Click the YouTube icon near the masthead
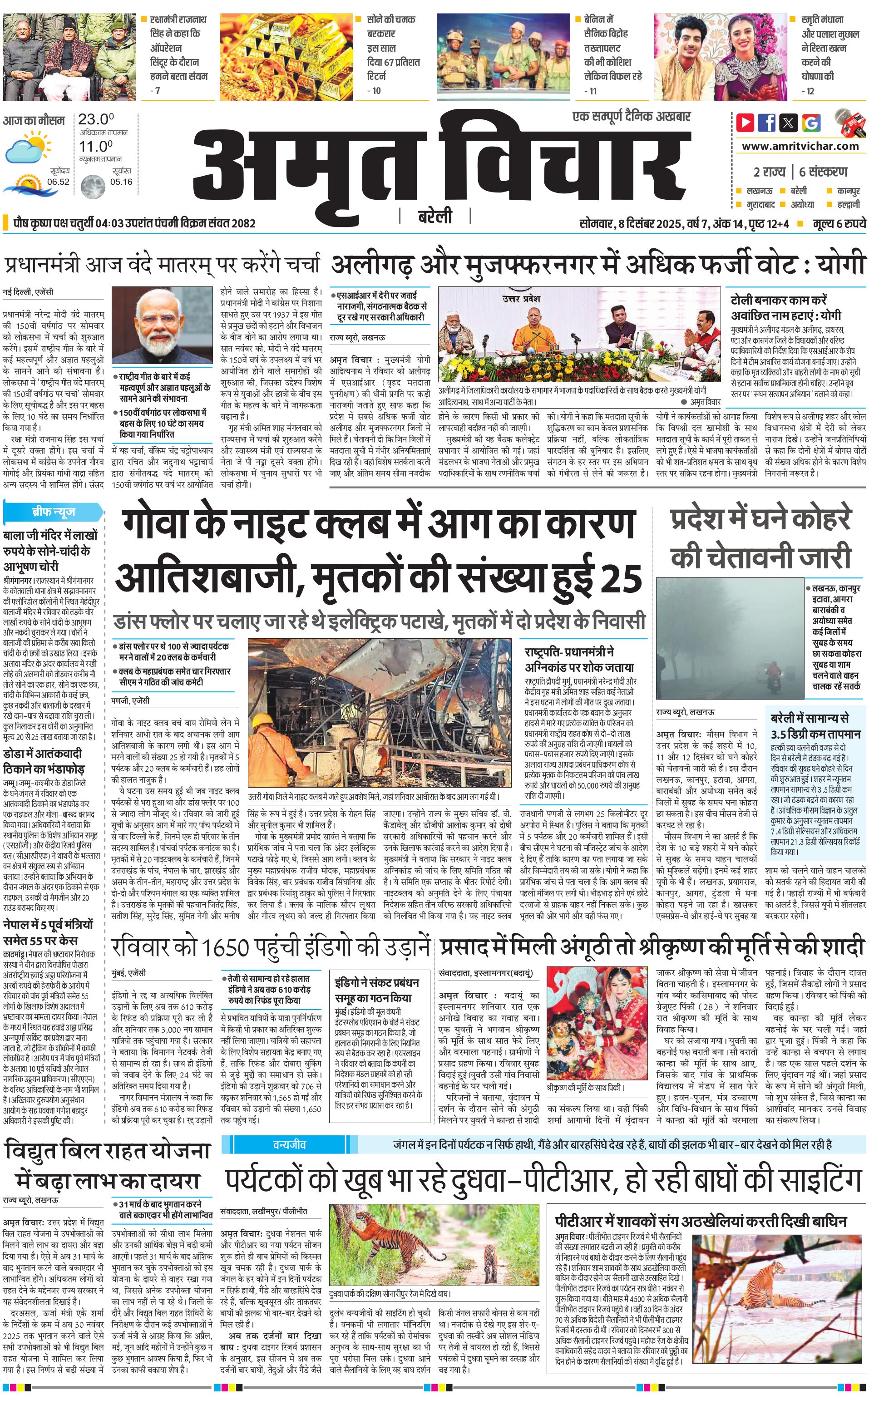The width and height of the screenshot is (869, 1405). pyautogui.click(x=745, y=123)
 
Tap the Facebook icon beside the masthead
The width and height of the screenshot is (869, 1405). pyautogui.click(x=767, y=123)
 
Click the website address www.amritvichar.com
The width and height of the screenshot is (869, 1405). pyautogui.click(x=800, y=146)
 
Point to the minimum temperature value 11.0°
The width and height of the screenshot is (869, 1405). pyautogui.click(x=95, y=146)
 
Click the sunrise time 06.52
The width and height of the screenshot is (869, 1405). pyautogui.click(x=58, y=182)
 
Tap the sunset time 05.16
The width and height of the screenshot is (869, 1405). pyautogui.click(x=121, y=182)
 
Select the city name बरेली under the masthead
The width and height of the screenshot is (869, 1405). pyautogui.click(x=434, y=217)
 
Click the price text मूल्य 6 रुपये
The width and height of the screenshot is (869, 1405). pyautogui.click(x=839, y=223)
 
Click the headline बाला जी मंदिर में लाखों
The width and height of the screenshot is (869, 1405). pyautogui.click(x=50, y=536)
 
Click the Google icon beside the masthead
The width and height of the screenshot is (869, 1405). pyautogui.click(x=811, y=123)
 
